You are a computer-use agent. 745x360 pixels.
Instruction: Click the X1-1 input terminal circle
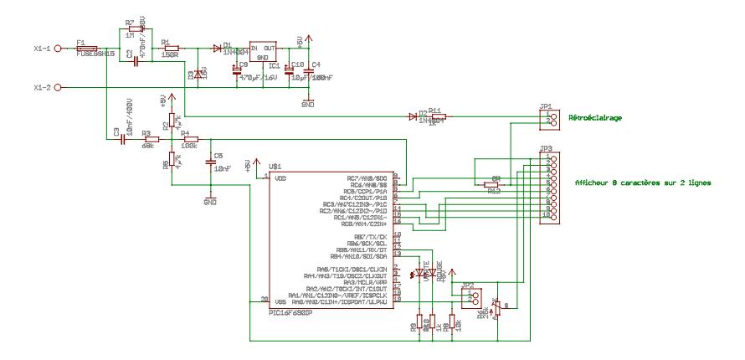[x=59, y=49]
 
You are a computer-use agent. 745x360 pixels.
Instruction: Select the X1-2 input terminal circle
[x=59, y=87]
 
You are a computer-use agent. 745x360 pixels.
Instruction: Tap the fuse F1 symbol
[x=86, y=49]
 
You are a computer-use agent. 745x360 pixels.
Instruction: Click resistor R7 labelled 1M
[x=136, y=29]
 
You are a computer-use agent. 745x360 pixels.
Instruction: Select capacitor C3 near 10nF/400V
[x=122, y=139]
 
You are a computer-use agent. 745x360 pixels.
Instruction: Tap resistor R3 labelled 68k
[x=152, y=139]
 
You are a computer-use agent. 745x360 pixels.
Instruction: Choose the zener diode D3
[x=198, y=75]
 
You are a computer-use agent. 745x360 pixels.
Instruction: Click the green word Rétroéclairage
[x=595, y=118]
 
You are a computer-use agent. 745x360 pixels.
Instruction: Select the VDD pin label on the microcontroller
[x=280, y=177]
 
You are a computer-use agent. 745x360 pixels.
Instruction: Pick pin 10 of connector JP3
[x=548, y=215]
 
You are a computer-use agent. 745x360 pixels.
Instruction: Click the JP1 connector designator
[x=546, y=106]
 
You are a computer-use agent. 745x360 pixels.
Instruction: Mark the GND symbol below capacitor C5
[x=209, y=199]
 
